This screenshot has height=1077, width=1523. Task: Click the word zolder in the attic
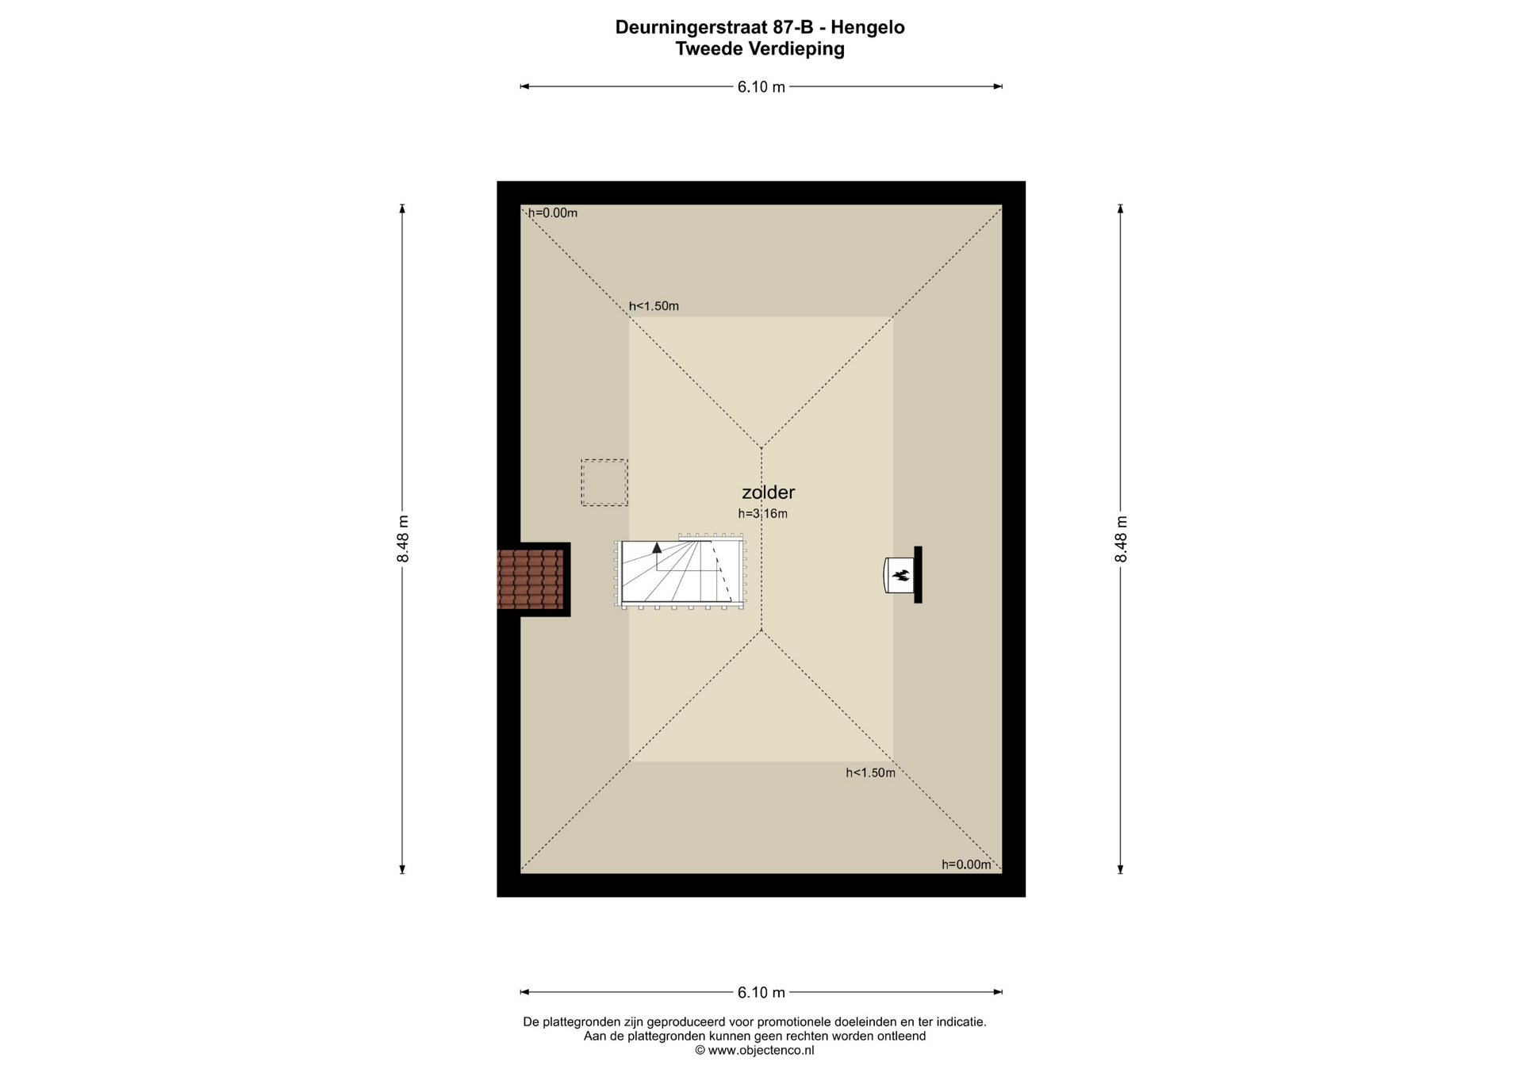768,493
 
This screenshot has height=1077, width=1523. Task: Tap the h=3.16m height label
762,514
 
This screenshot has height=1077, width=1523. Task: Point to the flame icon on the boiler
901,575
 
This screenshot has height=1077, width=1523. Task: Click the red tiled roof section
530,579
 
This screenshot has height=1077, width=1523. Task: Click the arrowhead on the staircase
657,547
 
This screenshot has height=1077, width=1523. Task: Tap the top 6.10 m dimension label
761,87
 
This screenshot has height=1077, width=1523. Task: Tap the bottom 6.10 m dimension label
761,993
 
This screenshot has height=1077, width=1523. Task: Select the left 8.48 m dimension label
403,539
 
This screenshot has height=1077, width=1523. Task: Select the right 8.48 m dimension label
1121,539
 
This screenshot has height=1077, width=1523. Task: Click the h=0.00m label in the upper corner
553,213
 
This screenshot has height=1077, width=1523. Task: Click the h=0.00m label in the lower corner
966,865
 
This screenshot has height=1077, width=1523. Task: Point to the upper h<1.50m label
654,306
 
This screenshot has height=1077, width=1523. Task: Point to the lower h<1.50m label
870,773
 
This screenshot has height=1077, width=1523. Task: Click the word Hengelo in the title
868,28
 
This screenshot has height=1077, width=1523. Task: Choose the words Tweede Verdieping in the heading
760,49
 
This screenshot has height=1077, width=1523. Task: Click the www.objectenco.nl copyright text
754,1051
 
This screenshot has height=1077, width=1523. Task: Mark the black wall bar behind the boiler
918,575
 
